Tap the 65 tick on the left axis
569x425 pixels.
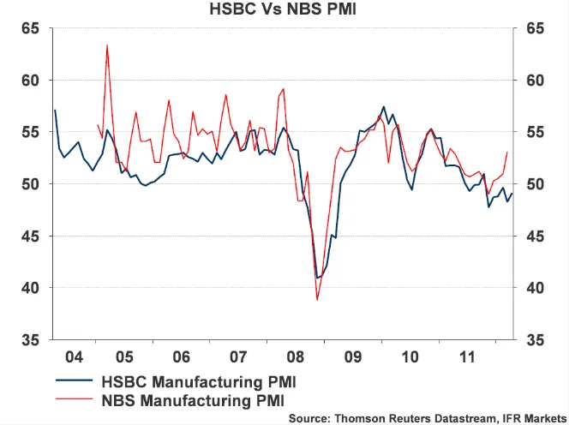[x=30, y=28]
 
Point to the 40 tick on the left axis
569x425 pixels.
[x=30, y=288]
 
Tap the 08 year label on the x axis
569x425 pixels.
[x=296, y=355]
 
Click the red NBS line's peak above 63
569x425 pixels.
[x=107, y=45]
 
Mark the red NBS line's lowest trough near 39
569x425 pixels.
[x=317, y=300]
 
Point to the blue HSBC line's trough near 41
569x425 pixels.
[x=318, y=278]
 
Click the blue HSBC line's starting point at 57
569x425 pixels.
[x=55, y=110]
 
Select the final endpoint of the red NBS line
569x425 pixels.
[x=507, y=153]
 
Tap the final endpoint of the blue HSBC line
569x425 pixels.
[x=512, y=194]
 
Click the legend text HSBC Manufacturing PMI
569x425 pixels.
[x=201, y=380]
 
